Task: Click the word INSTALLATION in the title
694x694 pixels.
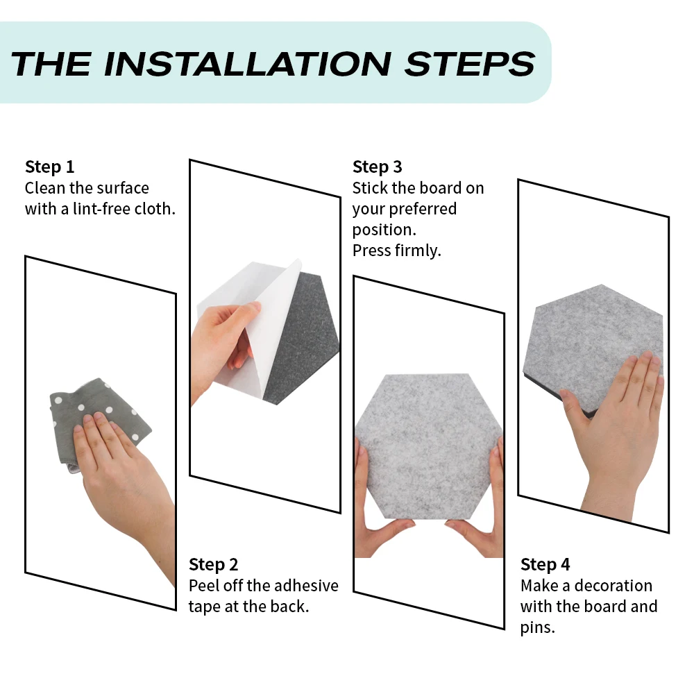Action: click(247, 64)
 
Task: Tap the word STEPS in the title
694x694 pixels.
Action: click(470, 64)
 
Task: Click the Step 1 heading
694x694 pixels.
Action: click(49, 167)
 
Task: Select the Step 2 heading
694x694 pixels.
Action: click(213, 565)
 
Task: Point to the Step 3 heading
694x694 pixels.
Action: click(377, 167)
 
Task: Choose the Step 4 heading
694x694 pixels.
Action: click(545, 565)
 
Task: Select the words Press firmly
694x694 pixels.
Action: click(396, 251)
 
